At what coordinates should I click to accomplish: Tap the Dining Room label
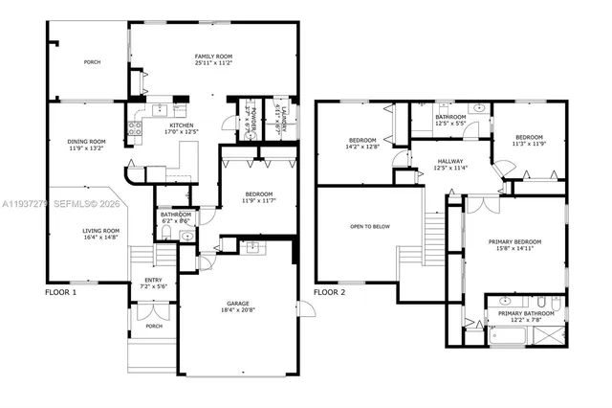pyautogui.click(x=87, y=142)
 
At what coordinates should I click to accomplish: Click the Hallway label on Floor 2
pyautogui.click(x=449, y=161)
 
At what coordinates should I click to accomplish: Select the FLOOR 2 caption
pyautogui.click(x=331, y=291)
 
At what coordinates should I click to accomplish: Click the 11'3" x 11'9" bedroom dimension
pyautogui.click(x=528, y=145)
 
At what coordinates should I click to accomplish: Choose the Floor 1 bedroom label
pyautogui.click(x=257, y=194)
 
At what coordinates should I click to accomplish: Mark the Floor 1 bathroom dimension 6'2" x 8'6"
pyautogui.click(x=175, y=221)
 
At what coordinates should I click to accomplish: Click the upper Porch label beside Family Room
pyautogui.click(x=92, y=62)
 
